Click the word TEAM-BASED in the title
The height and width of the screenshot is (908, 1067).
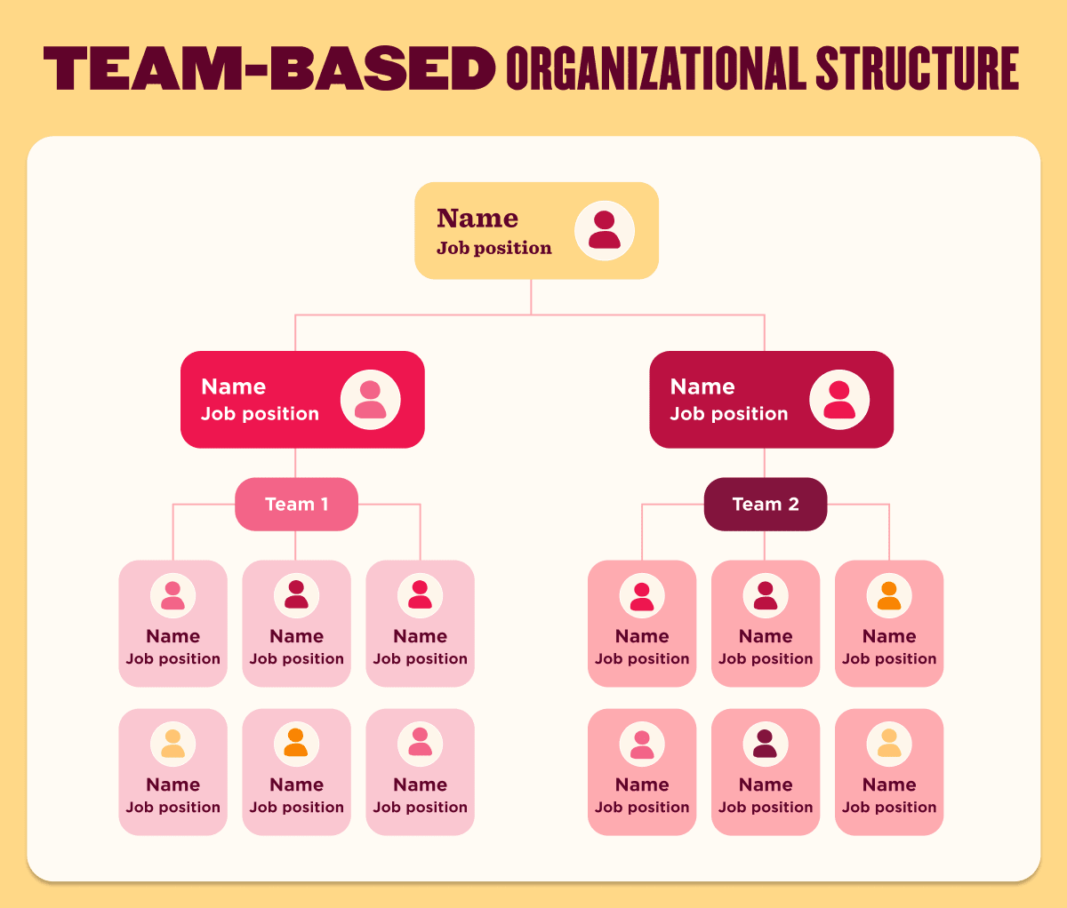pos(269,68)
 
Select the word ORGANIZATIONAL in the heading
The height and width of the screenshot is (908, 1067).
pos(655,68)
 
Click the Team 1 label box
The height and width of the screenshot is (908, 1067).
pos(296,505)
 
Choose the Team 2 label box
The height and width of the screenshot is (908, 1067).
pos(766,505)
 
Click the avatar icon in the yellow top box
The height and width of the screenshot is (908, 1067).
pos(605,230)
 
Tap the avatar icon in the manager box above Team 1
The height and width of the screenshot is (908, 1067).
pos(371,400)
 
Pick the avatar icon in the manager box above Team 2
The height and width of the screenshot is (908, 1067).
pos(839,400)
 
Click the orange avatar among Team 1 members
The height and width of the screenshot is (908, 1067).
pos(296,744)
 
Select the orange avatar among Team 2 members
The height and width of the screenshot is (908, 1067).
pos(889,595)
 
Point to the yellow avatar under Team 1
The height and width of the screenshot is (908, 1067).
pos(172,744)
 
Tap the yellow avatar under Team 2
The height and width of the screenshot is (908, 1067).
pos(889,744)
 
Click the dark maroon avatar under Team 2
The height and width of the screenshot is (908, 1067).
pos(766,744)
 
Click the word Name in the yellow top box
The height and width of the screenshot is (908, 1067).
pos(477,219)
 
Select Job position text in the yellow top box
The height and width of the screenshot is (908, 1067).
pos(493,249)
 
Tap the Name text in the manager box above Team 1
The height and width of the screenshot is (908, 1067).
pos(233,386)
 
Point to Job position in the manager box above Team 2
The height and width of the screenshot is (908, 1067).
pos(728,414)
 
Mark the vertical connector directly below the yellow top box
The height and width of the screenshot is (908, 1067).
pos(531,297)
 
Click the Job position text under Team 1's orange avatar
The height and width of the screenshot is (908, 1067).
pos(296,808)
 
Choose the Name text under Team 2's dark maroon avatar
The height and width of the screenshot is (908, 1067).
pos(766,785)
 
